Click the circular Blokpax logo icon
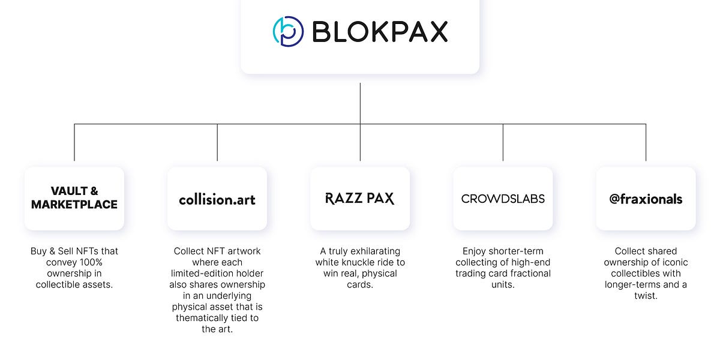[x=288, y=31]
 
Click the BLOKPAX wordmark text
[x=380, y=32]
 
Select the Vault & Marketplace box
[x=74, y=199]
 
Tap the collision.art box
[x=217, y=199]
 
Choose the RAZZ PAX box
[x=360, y=199]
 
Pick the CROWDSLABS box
[x=503, y=199]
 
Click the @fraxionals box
[x=646, y=199]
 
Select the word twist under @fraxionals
[x=646, y=295]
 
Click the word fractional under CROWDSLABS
[x=527, y=273]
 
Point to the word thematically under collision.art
[x=203, y=317]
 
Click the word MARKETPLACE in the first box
[x=74, y=205]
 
